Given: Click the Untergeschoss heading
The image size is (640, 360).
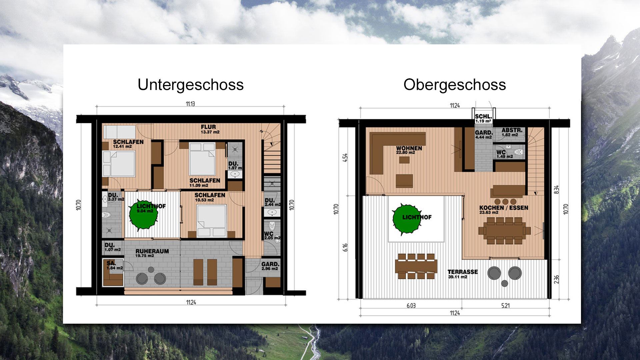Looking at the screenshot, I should pyautogui.click(x=191, y=85).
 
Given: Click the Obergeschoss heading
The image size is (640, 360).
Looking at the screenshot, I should pyautogui.click(x=454, y=85).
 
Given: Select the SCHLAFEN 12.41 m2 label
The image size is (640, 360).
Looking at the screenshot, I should pyautogui.click(x=128, y=144).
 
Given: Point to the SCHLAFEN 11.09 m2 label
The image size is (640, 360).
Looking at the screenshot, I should pyautogui.click(x=204, y=182).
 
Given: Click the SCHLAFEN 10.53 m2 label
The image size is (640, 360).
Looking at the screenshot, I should pyautogui.click(x=209, y=197).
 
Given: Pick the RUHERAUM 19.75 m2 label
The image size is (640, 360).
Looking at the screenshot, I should pyautogui.click(x=152, y=253).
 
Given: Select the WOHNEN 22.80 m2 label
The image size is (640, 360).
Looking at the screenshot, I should pyautogui.click(x=409, y=150).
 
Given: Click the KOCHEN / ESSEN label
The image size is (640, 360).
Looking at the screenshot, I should pyautogui.click(x=503, y=209).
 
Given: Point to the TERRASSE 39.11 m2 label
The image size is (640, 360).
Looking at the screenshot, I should pyautogui.click(x=462, y=274).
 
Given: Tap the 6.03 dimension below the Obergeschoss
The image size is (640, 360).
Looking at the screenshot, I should pyautogui.click(x=411, y=305).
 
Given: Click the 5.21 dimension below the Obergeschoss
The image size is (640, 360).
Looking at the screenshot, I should pyautogui.click(x=505, y=305).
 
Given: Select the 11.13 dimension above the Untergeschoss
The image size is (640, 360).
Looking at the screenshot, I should pyautogui.click(x=190, y=104).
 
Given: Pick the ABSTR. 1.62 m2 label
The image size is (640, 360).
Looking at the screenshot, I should pyautogui.click(x=512, y=132).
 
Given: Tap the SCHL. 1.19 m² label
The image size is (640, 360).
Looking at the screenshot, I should pyautogui.click(x=483, y=118).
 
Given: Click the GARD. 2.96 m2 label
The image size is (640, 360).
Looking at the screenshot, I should pyautogui.click(x=270, y=266).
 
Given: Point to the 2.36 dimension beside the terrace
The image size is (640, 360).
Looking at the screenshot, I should pyautogui.click(x=556, y=279).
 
